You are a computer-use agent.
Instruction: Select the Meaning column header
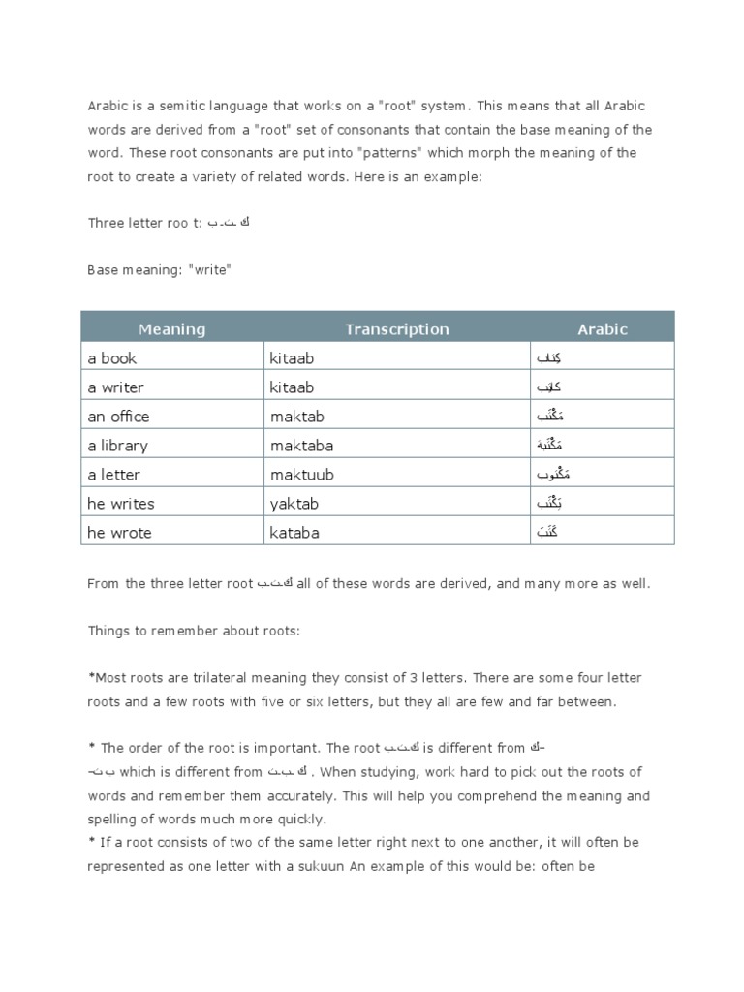pyautogui.click(x=171, y=329)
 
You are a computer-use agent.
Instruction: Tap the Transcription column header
pyautogui.click(x=397, y=329)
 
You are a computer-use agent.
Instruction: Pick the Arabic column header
pyautogui.click(x=603, y=329)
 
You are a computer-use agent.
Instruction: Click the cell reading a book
pyautogui.click(x=112, y=358)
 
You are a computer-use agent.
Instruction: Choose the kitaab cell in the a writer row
pyautogui.click(x=292, y=387)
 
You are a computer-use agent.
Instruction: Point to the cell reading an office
pyautogui.click(x=118, y=417)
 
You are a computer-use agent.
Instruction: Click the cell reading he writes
pyautogui.click(x=120, y=504)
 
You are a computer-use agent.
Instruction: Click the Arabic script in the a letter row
pyautogui.click(x=551, y=475)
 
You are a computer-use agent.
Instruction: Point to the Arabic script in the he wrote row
pyautogui.click(x=547, y=533)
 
